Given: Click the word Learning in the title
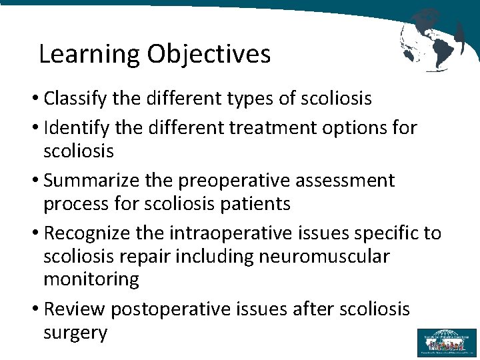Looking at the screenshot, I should point(89,55).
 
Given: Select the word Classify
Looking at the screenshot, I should point(73,99).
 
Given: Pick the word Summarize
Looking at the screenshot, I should point(89,180).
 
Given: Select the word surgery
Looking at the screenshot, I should point(75,333).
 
